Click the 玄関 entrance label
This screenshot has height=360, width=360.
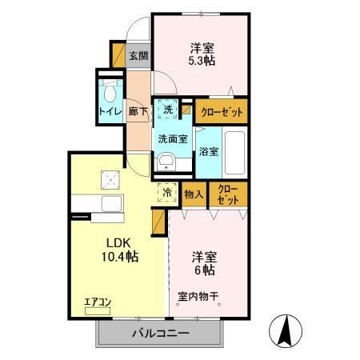[x=138, y=56]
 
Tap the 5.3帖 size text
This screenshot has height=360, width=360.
[x=200, y=59]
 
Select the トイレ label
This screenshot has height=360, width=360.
[x=110, y=111]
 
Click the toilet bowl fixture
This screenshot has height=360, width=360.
[x=110, y=87]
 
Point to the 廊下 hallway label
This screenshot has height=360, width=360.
[x=138, y=111]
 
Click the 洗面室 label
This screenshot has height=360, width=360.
[x=172, y=138]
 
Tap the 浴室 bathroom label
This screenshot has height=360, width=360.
[x=210, y=151]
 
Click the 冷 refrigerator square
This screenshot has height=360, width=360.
[x=168, y=192]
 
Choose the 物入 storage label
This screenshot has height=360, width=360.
[x=194, y=193]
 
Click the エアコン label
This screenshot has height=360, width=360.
[x=97, y=302]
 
